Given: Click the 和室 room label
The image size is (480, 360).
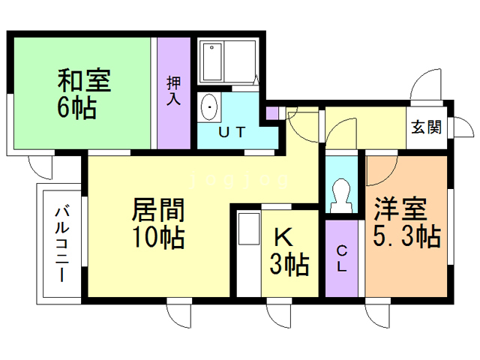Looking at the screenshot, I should click(84, 79).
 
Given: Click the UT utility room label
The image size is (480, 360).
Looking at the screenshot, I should click(232, 133).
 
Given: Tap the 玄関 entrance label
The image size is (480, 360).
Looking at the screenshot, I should click(425, 126).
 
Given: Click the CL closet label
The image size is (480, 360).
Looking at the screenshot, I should click(341, 258).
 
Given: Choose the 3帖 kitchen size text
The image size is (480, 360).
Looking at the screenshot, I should click(289, 264).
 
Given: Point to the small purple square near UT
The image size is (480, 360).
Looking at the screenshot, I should click(272, 113).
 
